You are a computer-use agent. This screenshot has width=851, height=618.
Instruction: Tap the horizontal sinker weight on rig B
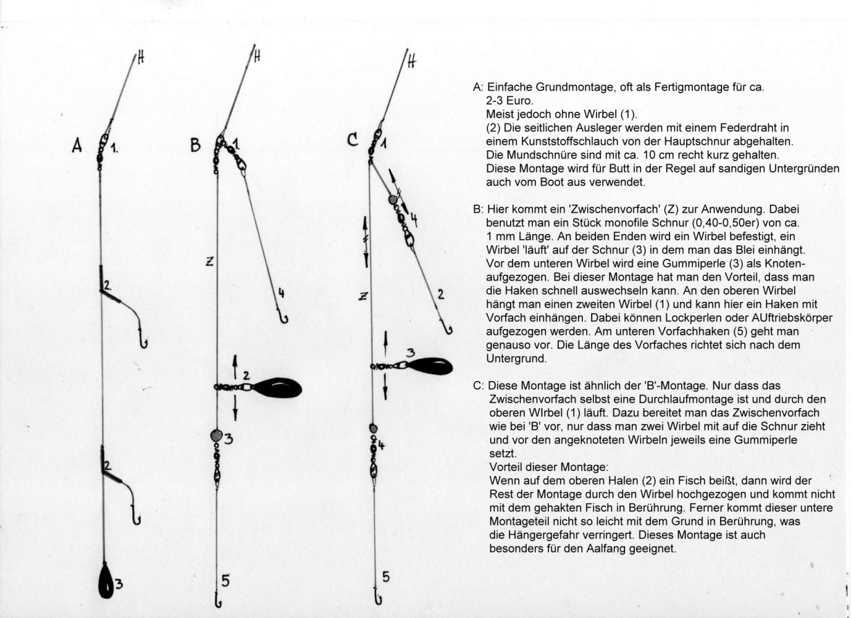click(277, 387)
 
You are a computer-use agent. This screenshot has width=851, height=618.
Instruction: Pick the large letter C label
click(353, 141)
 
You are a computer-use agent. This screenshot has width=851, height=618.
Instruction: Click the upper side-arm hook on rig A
click(143, 341)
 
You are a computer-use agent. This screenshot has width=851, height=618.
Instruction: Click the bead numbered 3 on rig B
click(216, 436)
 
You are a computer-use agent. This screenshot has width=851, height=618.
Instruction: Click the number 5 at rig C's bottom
click(386, 576)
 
